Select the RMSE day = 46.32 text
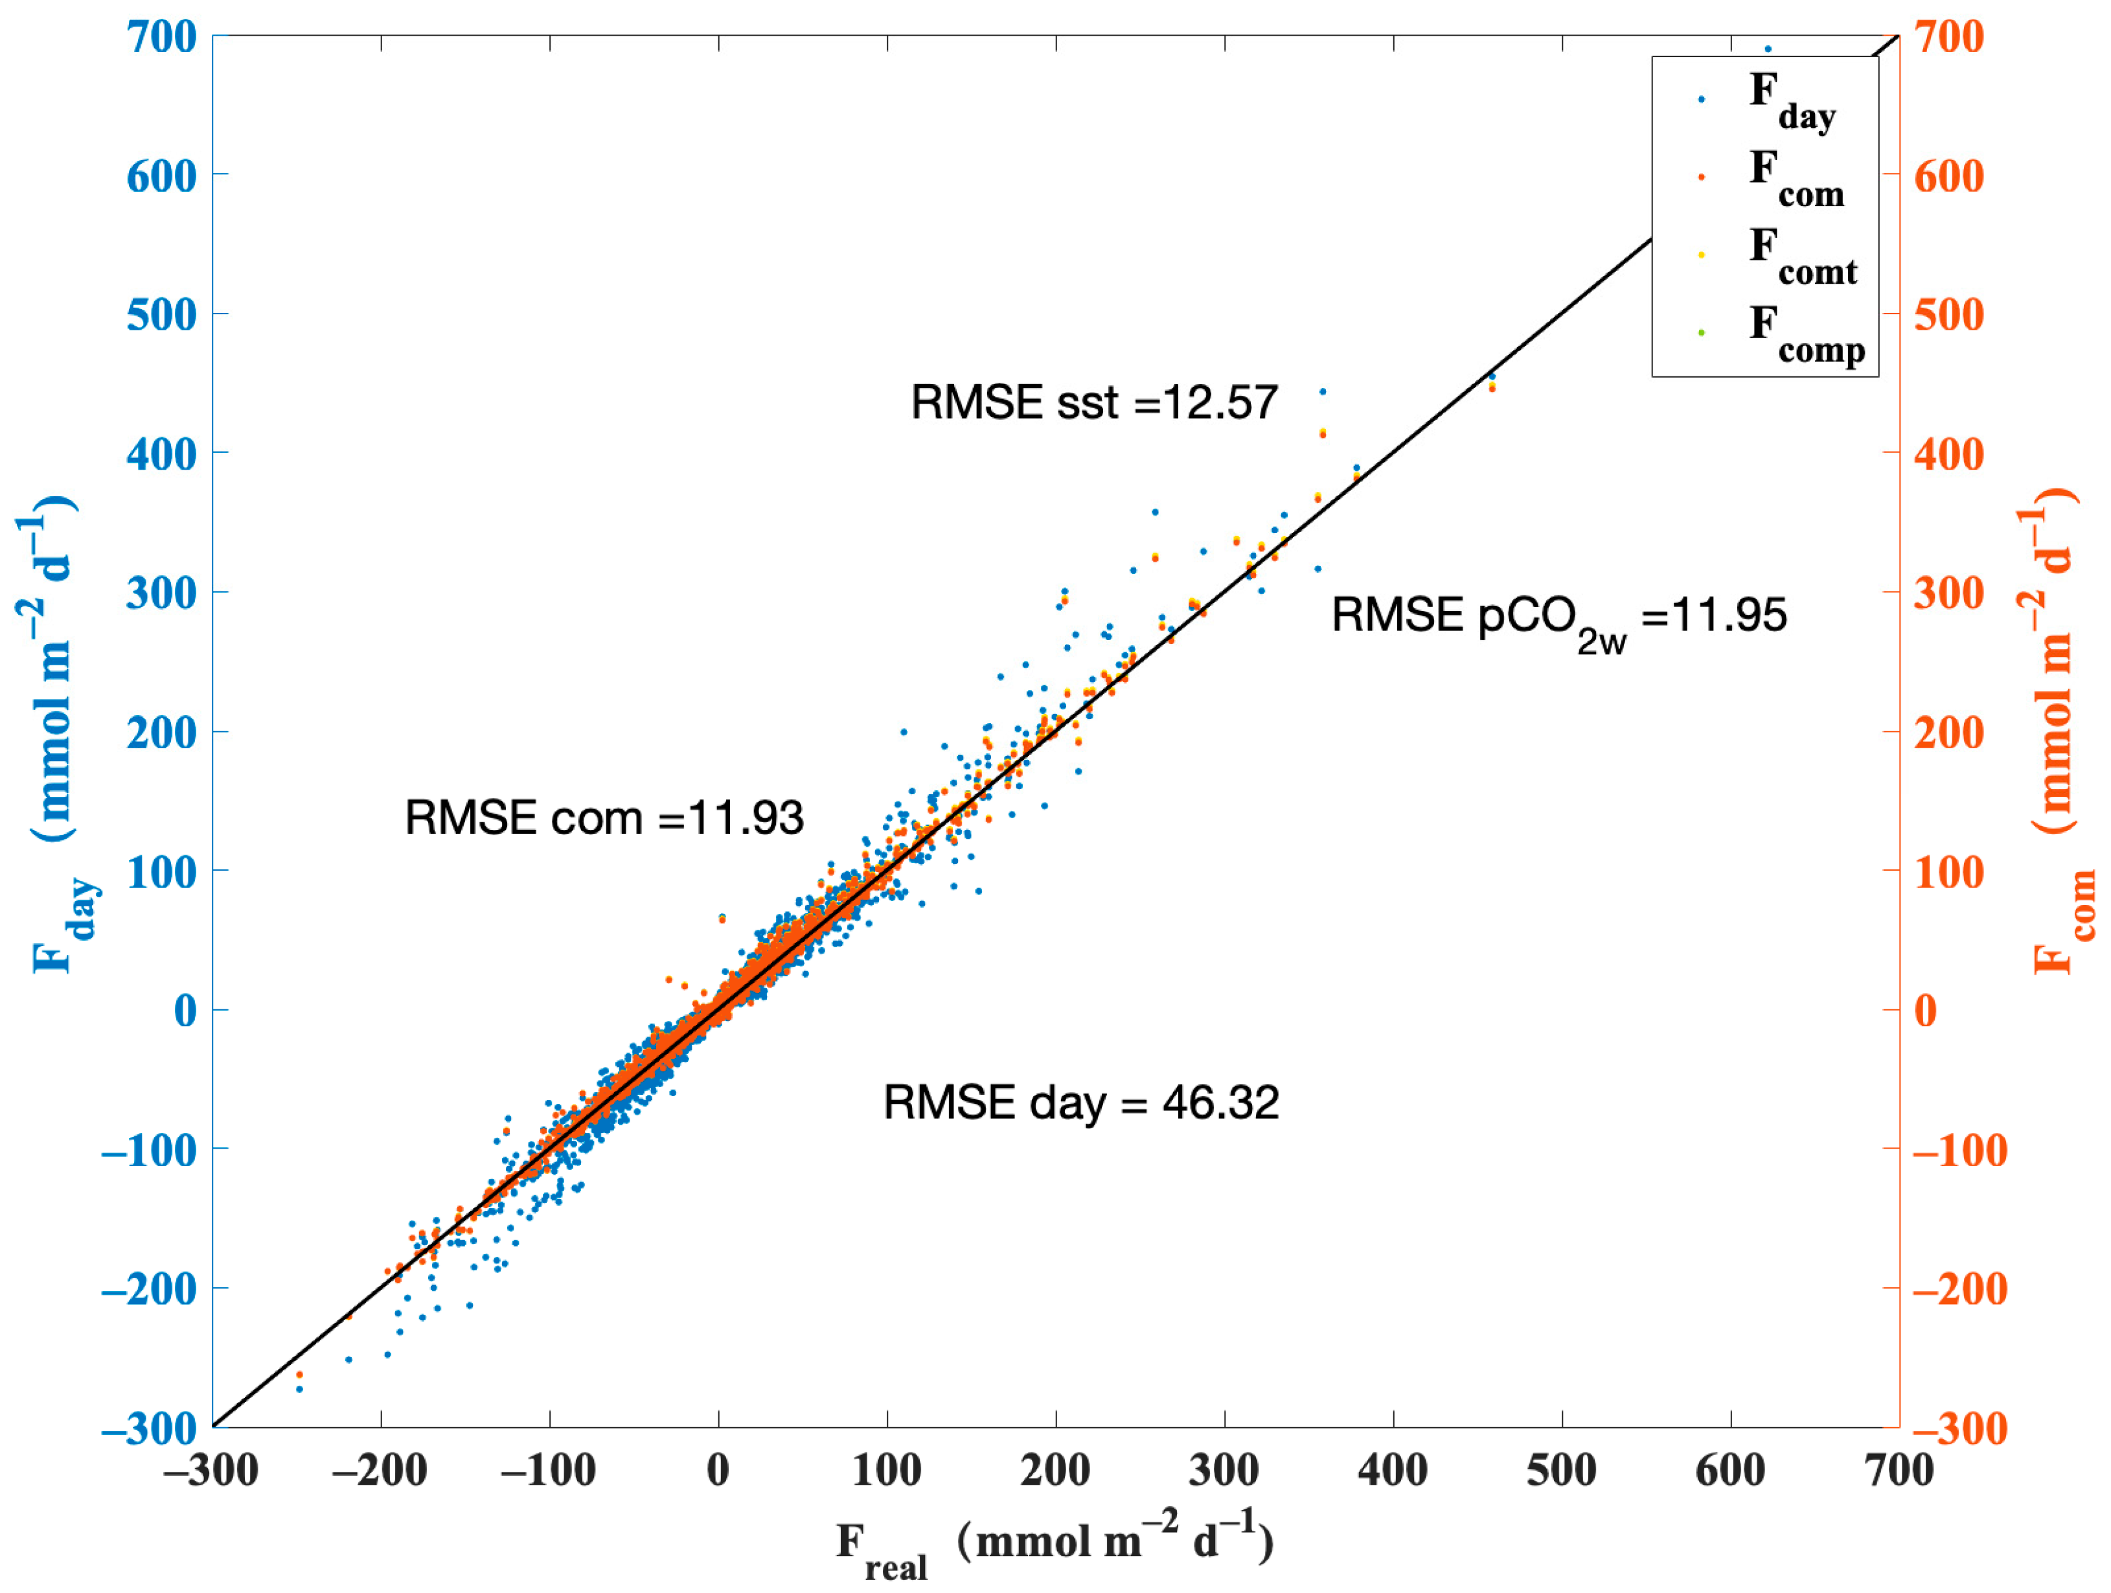(1080, 1103)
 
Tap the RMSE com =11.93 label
(604, 818)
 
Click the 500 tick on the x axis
(1561, 1471)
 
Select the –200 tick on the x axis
(380, 1471)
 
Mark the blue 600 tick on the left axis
(161, 177)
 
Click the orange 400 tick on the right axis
(1949, 454)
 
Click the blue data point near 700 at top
(1768, 49)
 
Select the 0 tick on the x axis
(718, 1471)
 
